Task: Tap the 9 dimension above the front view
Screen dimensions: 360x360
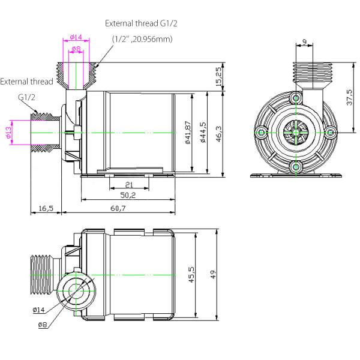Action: pos(305,43)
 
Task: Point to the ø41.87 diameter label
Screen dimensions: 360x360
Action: pos(188,133)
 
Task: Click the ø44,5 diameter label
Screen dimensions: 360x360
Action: pos(204,133)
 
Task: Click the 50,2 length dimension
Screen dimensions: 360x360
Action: pos(128,196)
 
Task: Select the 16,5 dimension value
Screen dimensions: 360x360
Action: pos(46,208)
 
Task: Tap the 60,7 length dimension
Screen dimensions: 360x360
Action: pos(118,208)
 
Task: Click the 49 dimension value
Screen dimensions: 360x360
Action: pos(213,273)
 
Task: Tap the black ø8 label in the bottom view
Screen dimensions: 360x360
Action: pos(43,325)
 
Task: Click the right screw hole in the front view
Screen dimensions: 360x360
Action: pos(329,132)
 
